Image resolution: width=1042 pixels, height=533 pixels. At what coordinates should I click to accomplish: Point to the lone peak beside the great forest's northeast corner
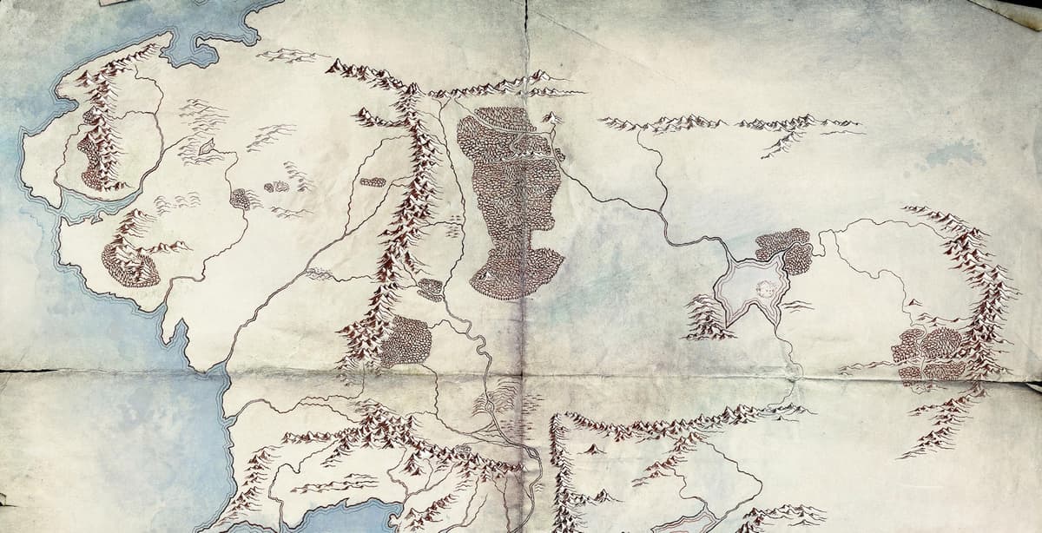pyautogui.click(x=550, y=118)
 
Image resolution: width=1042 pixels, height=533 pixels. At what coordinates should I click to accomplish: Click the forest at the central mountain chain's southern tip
pyautogui.click(x=405, y=339)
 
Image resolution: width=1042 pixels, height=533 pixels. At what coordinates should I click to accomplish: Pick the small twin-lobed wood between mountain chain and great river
pyautogui.click(x=430, y=289)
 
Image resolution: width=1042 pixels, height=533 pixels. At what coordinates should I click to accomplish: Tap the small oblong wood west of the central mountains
pyautogui.click(x=373, y=182)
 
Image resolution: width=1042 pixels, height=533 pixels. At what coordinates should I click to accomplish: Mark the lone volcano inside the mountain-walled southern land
pyautogui.click(x=593, y=449)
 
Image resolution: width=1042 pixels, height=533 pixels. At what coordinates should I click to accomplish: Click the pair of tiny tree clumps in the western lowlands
pyautogui.click(x=276, y=186)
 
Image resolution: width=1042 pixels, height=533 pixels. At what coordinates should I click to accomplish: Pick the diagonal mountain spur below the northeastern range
pyautogui.click(x=781, y=143)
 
